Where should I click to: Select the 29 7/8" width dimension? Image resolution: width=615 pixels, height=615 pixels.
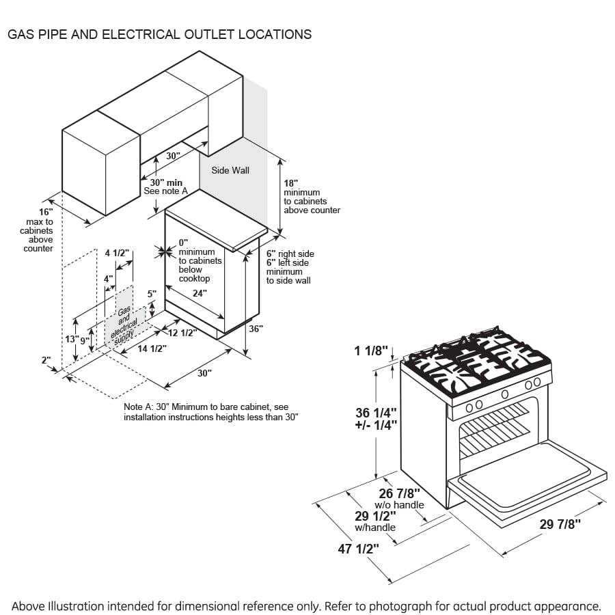[x=560, y=524]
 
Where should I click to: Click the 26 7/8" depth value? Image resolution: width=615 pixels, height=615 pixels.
[x=400, y=493]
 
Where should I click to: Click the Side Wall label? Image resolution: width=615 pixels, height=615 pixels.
[x=230, y=170]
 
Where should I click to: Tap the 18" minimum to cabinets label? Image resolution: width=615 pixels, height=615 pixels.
[x=290, y=184]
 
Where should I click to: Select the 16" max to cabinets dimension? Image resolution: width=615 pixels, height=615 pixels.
[x=45, y=213]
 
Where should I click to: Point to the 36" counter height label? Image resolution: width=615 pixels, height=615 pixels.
[x=256, y=329]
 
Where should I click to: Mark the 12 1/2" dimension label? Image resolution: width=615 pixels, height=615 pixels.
[x=182, y=333]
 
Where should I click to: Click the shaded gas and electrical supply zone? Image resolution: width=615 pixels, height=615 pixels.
[x=124, y=319]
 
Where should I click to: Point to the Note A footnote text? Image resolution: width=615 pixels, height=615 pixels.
[x=211, y=411]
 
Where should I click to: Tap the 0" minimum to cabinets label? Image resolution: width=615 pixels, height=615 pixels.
[x=183, y=243]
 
